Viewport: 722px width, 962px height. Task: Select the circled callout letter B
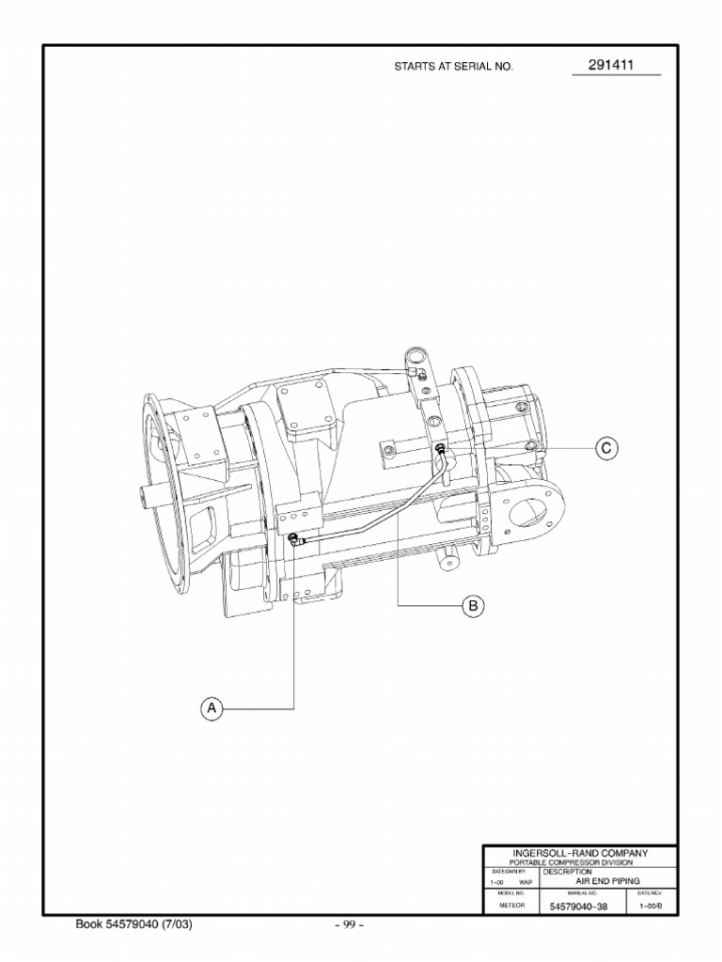473,606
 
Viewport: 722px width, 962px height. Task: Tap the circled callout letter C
606,449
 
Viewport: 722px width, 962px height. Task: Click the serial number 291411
611,66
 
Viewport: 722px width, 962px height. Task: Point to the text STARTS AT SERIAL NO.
454,69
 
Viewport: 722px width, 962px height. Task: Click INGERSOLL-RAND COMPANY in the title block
579,853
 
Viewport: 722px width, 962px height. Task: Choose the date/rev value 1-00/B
651,906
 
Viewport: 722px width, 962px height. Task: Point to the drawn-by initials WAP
526,882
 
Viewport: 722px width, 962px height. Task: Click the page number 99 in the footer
349,925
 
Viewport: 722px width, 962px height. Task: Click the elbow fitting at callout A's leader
294,539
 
